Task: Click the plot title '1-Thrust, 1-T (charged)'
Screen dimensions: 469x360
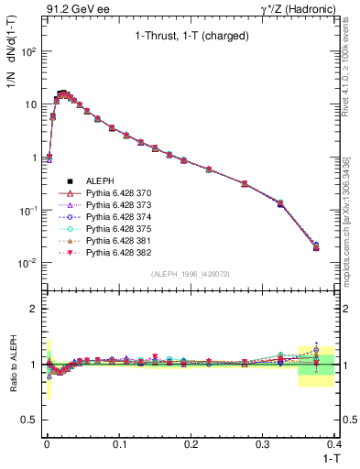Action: click(x=191, y=38)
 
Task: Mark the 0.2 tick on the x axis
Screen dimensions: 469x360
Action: click(x=191, y=444)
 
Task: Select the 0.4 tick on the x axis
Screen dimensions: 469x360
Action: click(x=334, y=444)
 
